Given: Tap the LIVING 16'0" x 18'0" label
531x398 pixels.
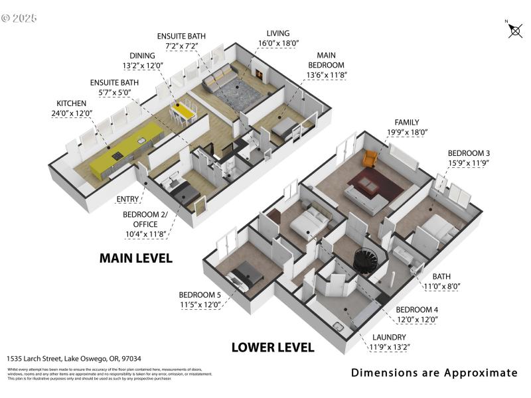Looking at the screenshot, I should (278, 38).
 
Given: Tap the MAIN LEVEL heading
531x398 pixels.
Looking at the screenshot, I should (135, 258).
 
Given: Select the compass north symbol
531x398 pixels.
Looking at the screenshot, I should (514, 30).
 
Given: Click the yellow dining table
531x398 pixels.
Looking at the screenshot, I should (183, 111).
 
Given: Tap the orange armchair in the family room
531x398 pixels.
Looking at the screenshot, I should (370, 159).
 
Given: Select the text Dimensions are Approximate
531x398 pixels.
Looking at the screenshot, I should (434, 373).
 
